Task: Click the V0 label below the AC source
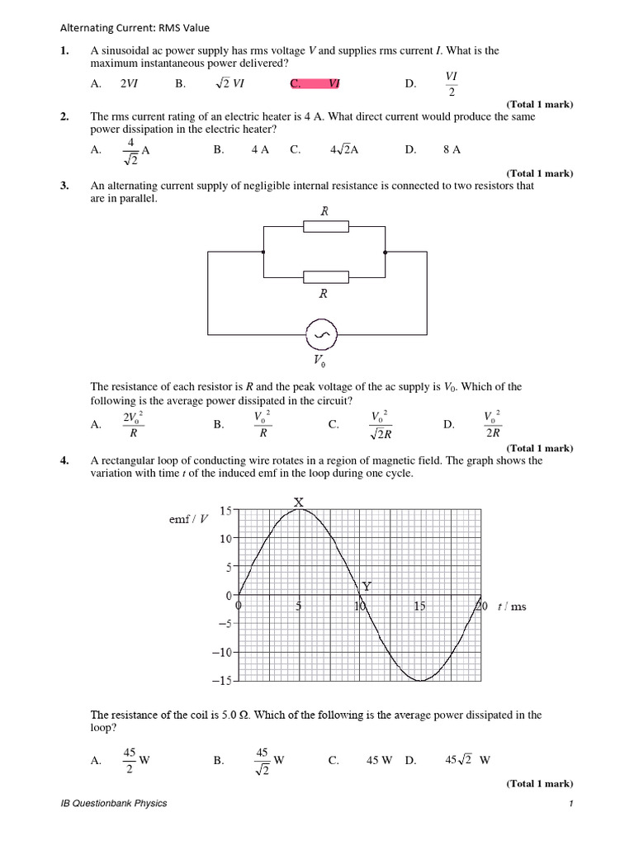319,361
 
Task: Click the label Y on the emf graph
367,586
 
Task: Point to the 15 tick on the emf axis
225,512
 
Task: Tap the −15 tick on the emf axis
222,681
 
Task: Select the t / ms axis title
511,607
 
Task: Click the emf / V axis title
189,518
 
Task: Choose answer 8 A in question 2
452,149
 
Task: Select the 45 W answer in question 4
379,761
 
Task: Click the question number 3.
64,186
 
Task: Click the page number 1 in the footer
570,805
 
